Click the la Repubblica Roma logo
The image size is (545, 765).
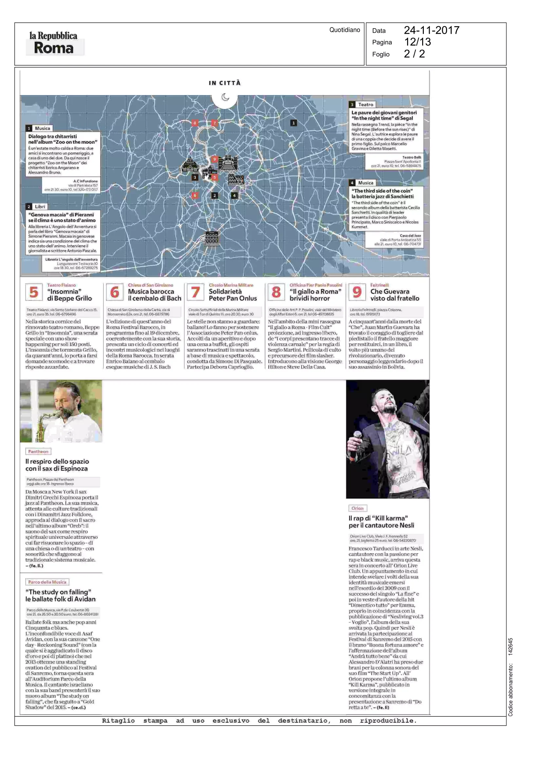click(53, 43)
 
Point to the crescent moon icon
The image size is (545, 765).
click(225, 97)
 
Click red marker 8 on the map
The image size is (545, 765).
click(195, 123)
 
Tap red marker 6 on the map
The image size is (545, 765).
click(195, 195)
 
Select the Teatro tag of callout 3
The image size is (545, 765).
click(366, 105)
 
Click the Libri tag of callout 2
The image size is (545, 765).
click(40, 206)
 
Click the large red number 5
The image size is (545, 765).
click(34, 292)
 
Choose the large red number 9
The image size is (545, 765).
click(357, 292)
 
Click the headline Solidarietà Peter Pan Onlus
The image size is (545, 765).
click(233, 295)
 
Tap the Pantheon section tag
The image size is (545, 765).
click(38, 451)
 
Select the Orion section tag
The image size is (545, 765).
click(357, 508)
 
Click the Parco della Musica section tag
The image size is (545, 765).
click(47, 582)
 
